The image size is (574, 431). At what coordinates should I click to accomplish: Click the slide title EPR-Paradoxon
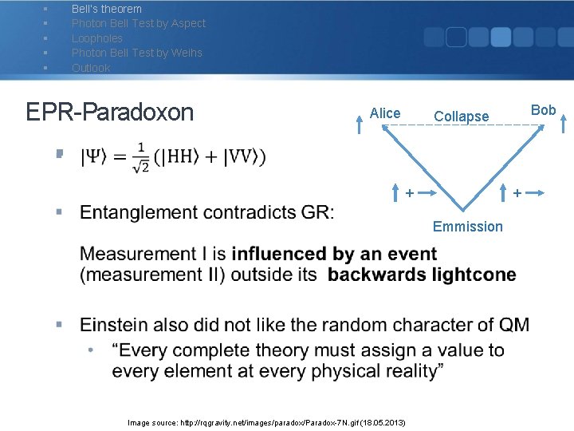109,112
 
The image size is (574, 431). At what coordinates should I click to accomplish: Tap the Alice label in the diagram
385,113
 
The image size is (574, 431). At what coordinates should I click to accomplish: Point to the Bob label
543,110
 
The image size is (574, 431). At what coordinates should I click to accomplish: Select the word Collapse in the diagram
461,117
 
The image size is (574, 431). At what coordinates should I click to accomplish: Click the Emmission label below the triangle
467,227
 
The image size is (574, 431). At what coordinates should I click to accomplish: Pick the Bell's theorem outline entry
106,9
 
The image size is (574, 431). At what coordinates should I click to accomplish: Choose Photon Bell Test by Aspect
138,23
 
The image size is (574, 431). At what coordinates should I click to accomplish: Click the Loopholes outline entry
97,38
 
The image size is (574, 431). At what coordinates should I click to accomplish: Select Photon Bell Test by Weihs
136,53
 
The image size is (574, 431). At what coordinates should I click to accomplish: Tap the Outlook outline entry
91,68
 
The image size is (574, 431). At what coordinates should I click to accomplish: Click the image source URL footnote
267,421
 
